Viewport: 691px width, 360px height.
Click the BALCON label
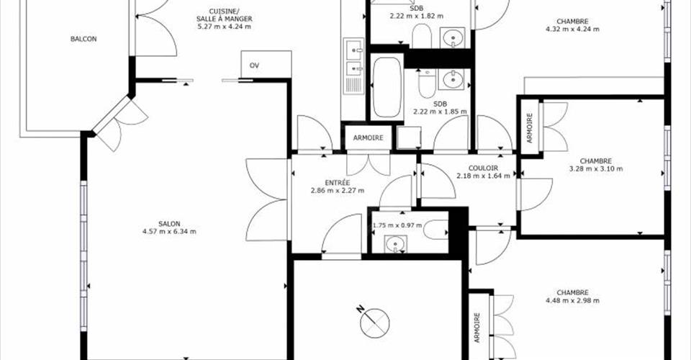click(x=83, y=39)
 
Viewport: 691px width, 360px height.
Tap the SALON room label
click(x=169, y=224)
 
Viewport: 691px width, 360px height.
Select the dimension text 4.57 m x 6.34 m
click(x=169, y=231)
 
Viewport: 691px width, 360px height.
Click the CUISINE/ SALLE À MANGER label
click(x=225, y=15)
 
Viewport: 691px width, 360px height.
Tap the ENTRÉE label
click(x=338, y=182)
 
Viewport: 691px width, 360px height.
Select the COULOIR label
click(x=484, y=168)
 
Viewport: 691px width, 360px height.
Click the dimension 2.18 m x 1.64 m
click(x=484, y=176)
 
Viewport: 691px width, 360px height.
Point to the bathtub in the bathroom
click(x=387, y=87)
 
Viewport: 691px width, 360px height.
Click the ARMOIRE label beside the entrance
click(x=369, y=138)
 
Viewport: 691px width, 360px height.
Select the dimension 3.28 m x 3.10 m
click(x=596, y=168)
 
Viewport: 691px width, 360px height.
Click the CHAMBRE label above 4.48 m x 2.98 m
click(x=572, y=292)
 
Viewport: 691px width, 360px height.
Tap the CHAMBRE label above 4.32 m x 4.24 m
click(x=572, y=21)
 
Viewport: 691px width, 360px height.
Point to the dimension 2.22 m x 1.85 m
click(x=440, y=112)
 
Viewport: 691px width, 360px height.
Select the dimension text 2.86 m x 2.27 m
click(x=338, y=190)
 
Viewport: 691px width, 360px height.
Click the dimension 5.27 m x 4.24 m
click(x=225, y=27)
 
